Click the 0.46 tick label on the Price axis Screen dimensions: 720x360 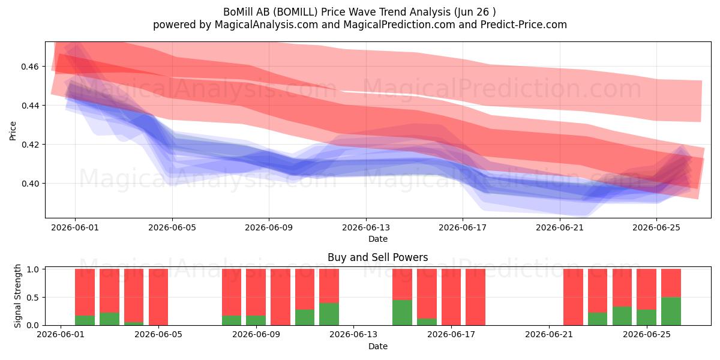coord(29,67)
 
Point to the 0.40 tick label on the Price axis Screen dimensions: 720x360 coord(29,184)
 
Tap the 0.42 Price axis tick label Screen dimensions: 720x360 coord(29,145)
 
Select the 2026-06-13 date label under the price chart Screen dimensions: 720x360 coord(366,227)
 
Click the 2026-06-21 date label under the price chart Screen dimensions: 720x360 coord(560,227)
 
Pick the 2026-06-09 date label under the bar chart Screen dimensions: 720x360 coord(256,335)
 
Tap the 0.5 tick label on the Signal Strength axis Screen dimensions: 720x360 coord(33,298)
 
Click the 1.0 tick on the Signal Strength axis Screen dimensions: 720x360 coord(33,269)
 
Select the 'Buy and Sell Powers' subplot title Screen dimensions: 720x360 coord(377,257)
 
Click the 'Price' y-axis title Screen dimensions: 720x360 coord(13,131)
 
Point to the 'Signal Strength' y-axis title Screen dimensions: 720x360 coord(17,296)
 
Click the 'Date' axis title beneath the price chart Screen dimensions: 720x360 coord(377,239)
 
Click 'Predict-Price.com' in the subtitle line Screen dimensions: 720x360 coord(524,25)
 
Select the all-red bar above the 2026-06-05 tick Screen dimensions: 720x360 coord(158,297)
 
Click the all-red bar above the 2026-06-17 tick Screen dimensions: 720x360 coord(451,297)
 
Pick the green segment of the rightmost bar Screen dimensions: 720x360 coord(671,311)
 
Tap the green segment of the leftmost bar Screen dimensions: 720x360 coord(85,320)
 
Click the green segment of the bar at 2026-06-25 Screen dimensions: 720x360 coord(646,317)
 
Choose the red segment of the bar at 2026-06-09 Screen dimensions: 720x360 coord(256,292)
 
